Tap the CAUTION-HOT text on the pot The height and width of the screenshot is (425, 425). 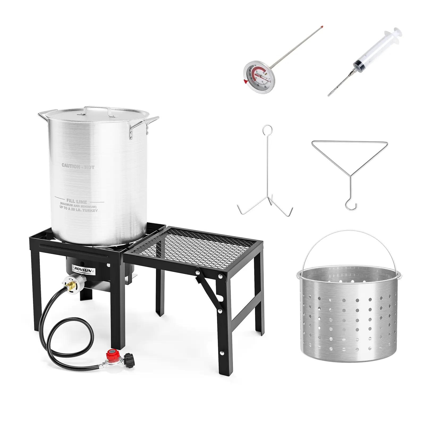(x=78, y=166)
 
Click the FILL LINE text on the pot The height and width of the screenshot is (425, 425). (x=77, y=201)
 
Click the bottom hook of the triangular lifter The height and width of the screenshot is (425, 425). (x=351, y=206)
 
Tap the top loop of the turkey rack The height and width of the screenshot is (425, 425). (x=267, y=129)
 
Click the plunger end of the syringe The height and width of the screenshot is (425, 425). (x=397, y=33)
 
